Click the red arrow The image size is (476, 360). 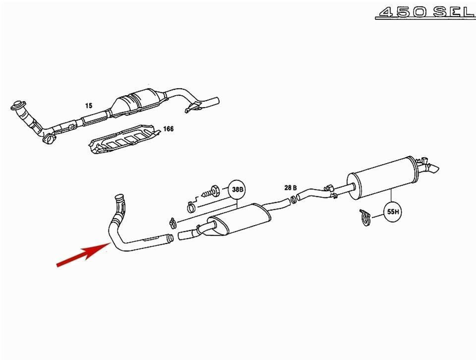click(83, 254)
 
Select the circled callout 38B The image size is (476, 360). click(238, 190)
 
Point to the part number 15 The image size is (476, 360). click(89, 106)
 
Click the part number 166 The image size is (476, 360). click(169, 129)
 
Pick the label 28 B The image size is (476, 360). click(291, 188)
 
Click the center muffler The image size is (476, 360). click(239, 220)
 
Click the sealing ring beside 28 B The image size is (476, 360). click(294, 200)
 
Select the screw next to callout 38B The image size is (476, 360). click(211, 191)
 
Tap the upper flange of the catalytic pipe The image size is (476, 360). click(19, 105)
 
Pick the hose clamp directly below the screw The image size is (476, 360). click(190, 208)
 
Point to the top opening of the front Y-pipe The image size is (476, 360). click(119, 197)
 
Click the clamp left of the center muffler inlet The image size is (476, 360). click(173, 224)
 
